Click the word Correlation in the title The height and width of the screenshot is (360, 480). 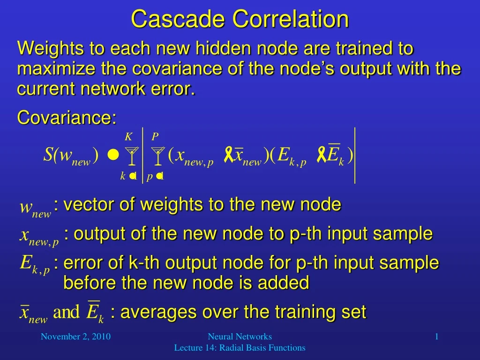tap(291, 19)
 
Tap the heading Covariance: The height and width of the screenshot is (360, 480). tap(67, 118)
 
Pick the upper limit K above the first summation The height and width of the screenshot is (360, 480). tap(128, 136)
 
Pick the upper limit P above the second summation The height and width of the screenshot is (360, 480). tap(155, 136)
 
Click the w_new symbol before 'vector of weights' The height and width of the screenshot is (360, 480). tap(35, 209)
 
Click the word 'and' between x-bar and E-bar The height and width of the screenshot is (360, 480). tap(67, 313)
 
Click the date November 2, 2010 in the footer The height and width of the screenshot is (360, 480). tap(75, 336)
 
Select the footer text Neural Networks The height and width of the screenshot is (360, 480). tap(240, 336)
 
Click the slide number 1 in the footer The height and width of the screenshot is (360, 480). tap(436, 336)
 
